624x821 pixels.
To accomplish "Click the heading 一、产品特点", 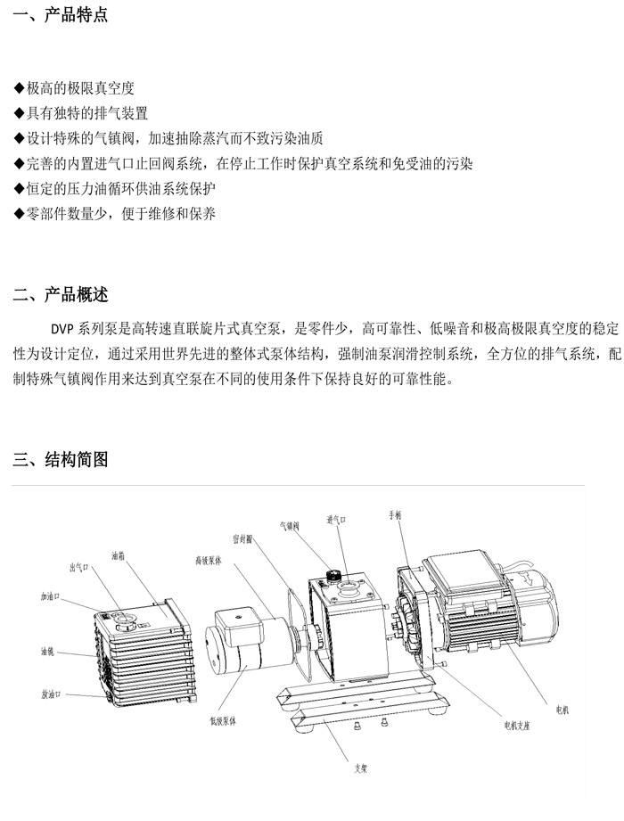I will tap(61, 15).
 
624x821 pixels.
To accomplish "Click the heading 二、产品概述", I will tap(61, 295).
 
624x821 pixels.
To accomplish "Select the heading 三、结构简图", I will tap(61, 460).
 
